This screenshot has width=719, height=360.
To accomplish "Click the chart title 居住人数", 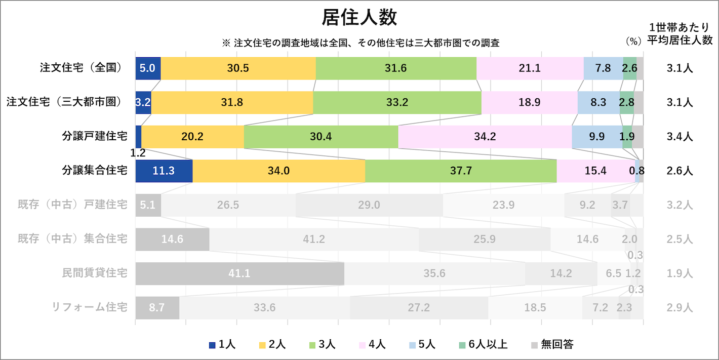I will (359, 18).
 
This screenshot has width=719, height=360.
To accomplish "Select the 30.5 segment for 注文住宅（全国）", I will (238, 68).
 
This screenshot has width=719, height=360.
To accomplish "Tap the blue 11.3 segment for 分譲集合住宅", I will (164, 171).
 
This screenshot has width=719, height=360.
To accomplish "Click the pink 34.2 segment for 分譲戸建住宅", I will (485, 137).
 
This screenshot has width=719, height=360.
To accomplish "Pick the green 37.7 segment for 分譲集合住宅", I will (461, 171).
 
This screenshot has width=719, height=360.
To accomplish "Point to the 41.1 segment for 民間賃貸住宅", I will (239, 273).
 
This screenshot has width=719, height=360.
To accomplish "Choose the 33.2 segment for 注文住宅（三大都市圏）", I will (397, 102).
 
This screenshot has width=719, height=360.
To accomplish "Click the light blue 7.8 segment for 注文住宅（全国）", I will (603, 68).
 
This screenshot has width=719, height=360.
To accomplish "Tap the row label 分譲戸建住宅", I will (94, 137).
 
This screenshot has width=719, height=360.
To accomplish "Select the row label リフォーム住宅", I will (89, 307).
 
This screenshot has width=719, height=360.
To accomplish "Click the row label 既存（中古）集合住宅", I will (72, 239).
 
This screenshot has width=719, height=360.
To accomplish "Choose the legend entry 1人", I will (223, 345).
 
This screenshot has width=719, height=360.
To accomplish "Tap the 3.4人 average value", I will (680, 137).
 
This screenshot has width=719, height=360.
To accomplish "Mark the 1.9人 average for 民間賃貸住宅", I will (680, 273).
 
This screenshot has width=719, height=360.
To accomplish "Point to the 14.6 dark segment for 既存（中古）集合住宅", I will (172, 239).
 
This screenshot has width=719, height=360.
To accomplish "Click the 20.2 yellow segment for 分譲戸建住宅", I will (192, 137).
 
